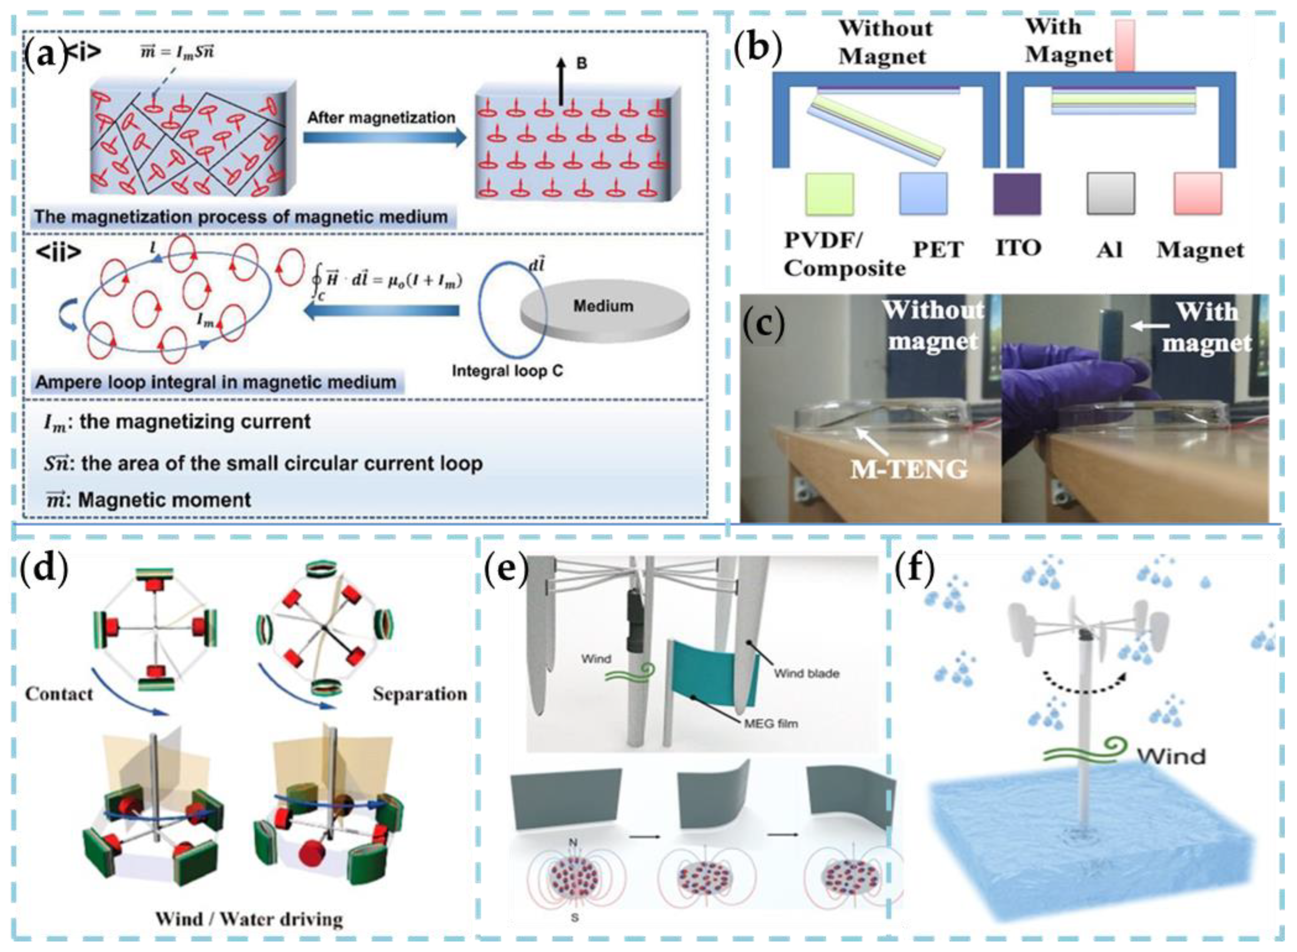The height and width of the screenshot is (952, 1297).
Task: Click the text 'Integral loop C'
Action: [x=507, y=370]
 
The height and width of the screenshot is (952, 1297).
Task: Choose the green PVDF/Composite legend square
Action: [x=829, y=194]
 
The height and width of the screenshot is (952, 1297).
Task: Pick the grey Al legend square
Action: [x=1110, y=194]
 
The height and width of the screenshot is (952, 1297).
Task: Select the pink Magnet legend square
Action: [x=1198, y=194]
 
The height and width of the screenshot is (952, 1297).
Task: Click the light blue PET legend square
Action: [x=923, y=194]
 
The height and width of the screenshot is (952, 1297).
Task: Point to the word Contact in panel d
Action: [x=59, y=693]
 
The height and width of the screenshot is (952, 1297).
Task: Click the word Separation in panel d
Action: [x=419, y=693]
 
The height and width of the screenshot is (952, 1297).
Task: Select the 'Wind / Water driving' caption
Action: [x=249, y=919]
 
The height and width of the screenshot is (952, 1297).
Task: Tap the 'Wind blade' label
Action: [x=806, y=673]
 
